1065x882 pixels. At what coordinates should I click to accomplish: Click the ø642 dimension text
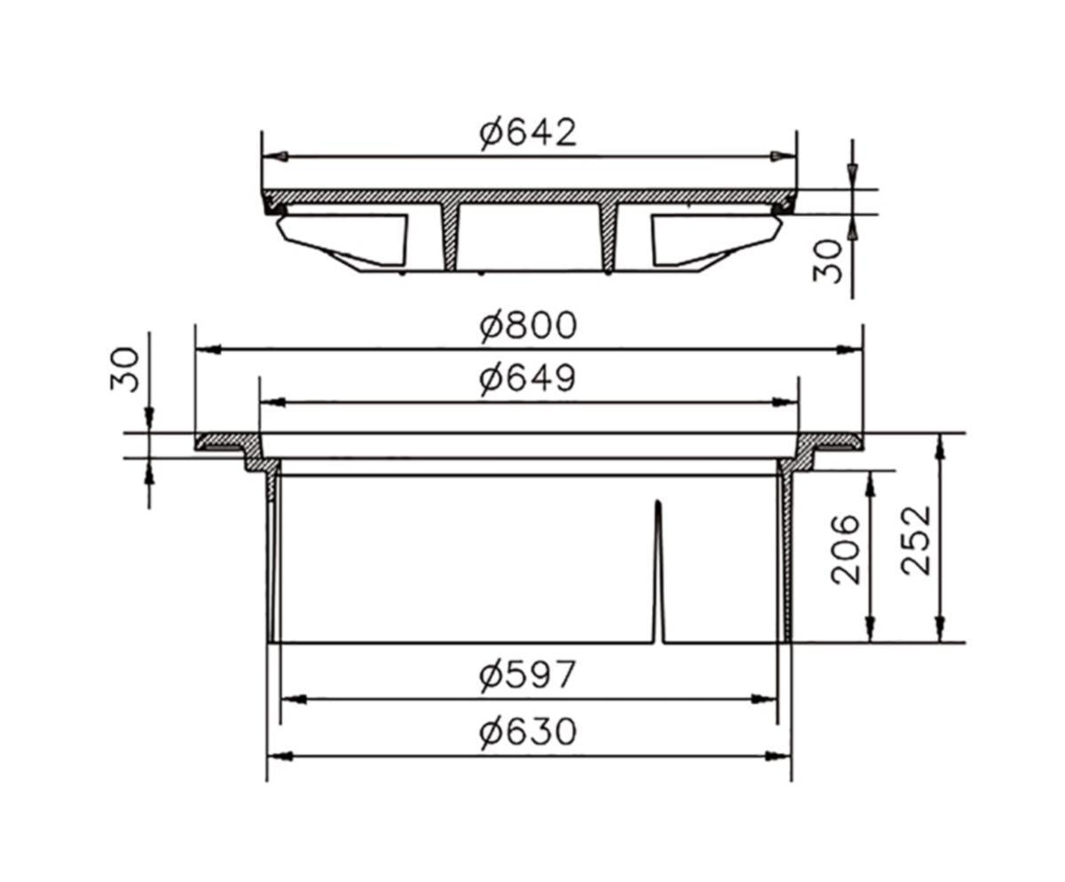[528, 133]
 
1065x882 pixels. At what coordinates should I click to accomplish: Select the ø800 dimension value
[528, 326]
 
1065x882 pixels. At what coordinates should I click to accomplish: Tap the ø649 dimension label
[528, 379]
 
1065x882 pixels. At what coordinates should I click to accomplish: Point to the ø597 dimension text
[528, 676]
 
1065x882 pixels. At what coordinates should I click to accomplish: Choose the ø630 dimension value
[528, 733]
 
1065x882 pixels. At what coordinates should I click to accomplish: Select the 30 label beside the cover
[829, 260]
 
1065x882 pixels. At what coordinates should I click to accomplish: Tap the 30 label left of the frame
[126, 369]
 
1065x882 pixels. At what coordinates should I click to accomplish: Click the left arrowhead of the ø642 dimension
[274, 156]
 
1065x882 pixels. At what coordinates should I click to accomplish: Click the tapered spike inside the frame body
[658, 568]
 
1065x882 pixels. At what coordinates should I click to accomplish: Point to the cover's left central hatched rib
[451, 235]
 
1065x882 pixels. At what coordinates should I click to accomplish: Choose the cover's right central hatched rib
[608, 235]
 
